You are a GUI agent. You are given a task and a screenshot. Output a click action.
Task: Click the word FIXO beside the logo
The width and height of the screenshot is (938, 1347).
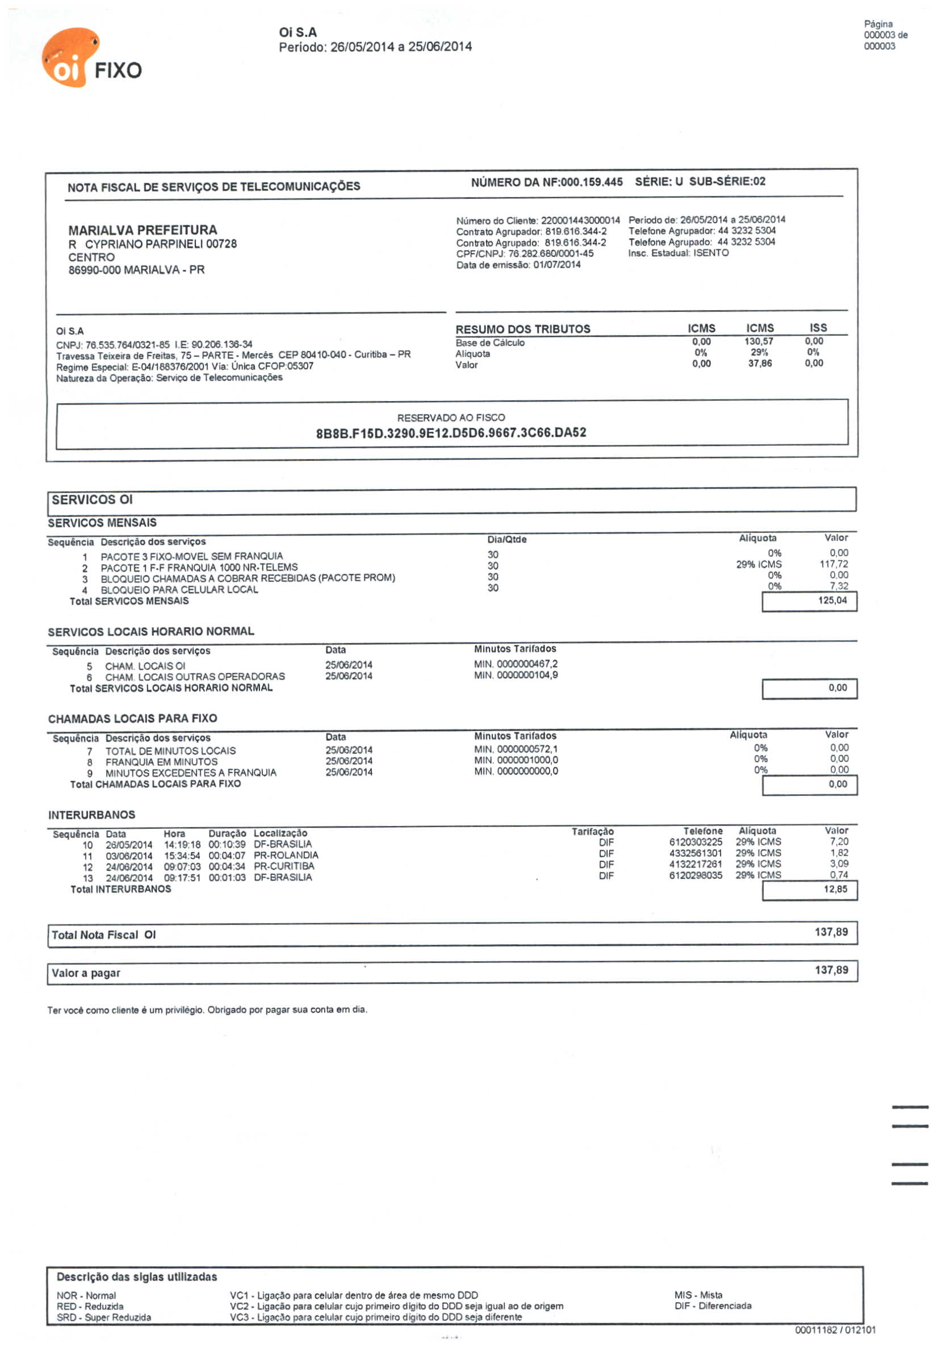pyautogui.click(x=118, y=71)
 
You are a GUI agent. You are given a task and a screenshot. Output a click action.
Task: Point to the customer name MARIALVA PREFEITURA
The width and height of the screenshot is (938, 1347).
pyautogui.click(x=143, y=230)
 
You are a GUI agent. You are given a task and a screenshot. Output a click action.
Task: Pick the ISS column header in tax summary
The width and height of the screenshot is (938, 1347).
pyautogui.click(x=818, y=328)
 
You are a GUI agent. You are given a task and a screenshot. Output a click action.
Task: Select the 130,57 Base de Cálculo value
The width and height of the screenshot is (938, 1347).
pyautogui.click(x=759, y=341)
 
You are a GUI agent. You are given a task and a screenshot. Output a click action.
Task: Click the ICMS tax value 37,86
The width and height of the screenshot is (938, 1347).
pyautogui.click(x=759, y=364)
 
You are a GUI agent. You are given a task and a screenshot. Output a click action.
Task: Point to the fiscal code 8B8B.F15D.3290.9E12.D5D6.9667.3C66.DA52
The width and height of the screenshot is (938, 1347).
pyautogui.click(x=450, y=433)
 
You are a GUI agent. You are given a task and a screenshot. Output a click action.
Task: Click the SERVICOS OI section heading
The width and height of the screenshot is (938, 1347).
pyautogui.click(x=92, y=500)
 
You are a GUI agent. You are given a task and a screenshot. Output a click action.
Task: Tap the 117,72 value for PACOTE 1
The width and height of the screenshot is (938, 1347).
pyautogui.click(x=833, y=564)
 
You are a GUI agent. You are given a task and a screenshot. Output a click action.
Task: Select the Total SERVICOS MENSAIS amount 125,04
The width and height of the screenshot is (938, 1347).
pyautogui.click(x=832, y=600)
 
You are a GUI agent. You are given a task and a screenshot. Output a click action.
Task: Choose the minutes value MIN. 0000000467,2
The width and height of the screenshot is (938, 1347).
pyautogui.click(x=516, y=664)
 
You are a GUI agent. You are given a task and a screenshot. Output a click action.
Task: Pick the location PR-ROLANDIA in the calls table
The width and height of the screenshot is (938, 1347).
pyautogui.click(x=286, y=856)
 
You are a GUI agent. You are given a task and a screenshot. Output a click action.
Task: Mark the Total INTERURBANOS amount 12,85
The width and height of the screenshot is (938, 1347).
pyautogui.click(x=835, y=890)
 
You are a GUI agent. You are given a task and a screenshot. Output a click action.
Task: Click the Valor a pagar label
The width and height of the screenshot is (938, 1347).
pyautogui.click(x=86, y=973)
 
